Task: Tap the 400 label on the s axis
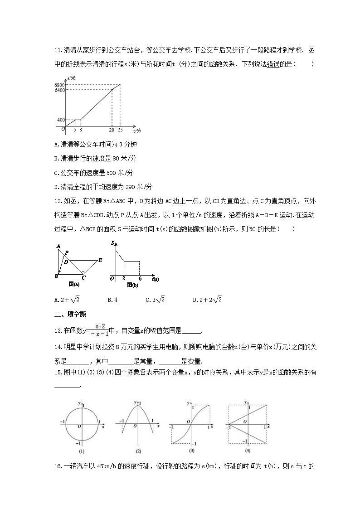[60, 120]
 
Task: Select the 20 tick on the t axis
[112, 130]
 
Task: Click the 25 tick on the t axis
[120, 130]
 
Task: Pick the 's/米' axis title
[71, 79]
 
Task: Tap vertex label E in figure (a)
[100, 260]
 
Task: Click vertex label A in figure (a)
[58, 246]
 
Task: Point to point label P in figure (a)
[67, 253]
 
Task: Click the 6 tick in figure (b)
[140, 278]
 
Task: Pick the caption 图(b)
[132, 285]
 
